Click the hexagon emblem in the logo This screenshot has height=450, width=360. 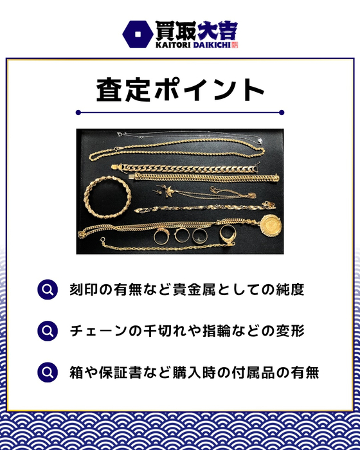138,34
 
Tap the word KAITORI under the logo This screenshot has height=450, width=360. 173,45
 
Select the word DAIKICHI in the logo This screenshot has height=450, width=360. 212,45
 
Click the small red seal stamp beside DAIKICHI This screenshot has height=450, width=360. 235,45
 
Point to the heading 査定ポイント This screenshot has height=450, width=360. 180,90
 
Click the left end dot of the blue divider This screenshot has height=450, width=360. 78,113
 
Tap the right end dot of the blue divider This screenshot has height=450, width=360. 282,113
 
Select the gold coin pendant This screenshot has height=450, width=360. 271,226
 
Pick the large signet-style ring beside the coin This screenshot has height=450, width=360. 228,234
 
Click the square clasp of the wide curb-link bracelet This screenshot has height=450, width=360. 116,167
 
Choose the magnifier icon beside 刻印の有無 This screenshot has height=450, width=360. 48,290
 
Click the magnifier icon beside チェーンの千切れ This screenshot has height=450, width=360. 48,331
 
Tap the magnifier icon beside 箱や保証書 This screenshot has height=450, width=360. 48,372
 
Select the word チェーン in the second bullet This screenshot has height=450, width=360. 99,331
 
